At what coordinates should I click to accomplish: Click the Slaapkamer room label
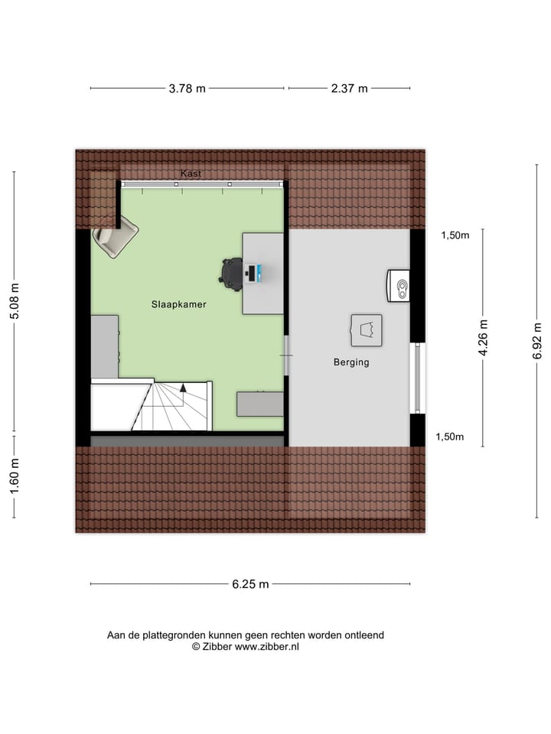point(178,304)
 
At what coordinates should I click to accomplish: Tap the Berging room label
point(351,362)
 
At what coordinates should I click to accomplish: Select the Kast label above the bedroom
point(191,174)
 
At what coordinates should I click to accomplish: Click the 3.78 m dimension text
point(187,89)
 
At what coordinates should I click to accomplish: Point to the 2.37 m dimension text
point(350,89)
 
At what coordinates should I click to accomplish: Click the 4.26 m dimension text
point(483,337)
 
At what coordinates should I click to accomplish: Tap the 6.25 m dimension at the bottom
point(250,584)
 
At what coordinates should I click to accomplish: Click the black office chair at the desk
point(232,271)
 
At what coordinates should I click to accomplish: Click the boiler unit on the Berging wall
point(398,285)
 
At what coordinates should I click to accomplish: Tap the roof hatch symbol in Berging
point(366,330)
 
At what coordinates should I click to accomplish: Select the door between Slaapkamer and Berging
point(286,357)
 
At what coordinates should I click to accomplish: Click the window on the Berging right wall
point(417,378)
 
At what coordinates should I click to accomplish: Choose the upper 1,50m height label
point(455,235)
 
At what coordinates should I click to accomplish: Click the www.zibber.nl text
point(267,646)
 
